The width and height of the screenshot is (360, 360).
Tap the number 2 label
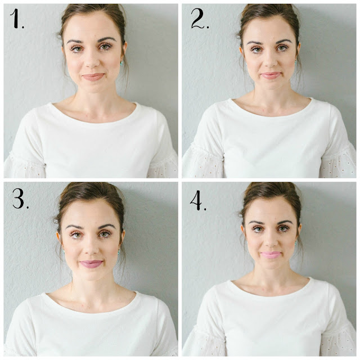tap(200, 20)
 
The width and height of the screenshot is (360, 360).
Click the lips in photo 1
tap(93, 76)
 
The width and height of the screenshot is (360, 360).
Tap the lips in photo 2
tap(271, 75)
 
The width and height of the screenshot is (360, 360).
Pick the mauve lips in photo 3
tap(91, 264)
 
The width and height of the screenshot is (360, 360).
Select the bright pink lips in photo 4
tap(271, 255)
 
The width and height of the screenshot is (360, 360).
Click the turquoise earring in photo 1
tap(121, 63)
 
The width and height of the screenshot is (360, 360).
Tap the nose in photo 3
tap(92, 248)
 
